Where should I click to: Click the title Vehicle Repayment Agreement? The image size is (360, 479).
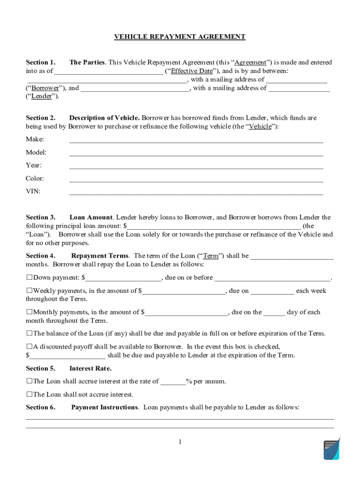pos(180,36)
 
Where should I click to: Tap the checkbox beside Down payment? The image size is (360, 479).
pos(29,278)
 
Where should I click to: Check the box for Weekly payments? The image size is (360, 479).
pos(29,291)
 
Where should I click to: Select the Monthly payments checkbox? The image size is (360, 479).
pos(29,312)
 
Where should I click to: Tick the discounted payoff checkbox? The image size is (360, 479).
pos(29,347)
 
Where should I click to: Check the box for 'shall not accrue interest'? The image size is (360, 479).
pos(29,394)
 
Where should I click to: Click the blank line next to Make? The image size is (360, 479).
pos(196,140)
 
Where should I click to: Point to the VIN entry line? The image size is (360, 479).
pos(196,192)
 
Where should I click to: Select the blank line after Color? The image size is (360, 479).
pos(196,179)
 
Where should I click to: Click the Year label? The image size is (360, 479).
pos(34,166)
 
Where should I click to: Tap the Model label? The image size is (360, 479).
pos(36,152)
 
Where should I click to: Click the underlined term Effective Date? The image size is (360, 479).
pos(192,71)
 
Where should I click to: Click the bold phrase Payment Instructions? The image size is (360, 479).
pos(105,407)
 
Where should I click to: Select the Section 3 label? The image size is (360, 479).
pos(41,218)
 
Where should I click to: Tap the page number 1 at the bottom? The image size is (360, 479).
pos(180,442)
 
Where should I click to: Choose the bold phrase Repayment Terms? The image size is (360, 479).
pos(100,256)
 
